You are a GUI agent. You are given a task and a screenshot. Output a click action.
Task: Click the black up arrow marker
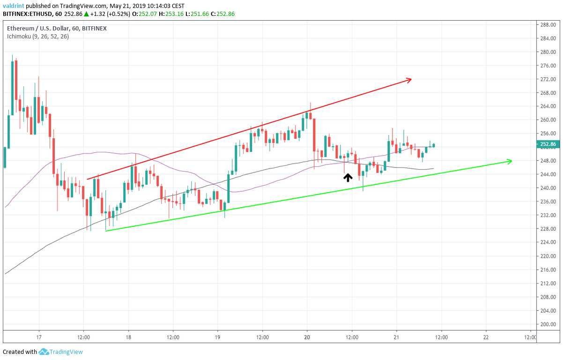348,178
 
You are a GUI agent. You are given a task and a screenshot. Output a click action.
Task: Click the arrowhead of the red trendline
409,80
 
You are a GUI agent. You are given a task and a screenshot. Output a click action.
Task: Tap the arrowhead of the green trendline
510,161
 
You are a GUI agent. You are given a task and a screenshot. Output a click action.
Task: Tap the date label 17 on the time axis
39,337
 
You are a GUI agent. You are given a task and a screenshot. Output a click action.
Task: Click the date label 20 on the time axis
307,337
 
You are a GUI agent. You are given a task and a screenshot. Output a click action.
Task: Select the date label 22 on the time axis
486,337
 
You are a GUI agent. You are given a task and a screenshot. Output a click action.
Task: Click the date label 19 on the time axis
218,337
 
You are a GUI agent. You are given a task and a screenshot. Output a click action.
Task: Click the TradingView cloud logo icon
44,352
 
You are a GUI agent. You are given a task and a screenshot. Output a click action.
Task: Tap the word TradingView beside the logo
67,352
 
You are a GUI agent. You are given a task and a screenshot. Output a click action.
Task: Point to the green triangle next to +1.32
86,14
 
